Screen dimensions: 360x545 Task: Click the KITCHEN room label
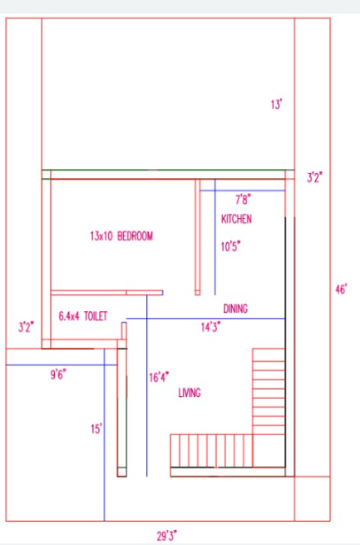coord(236,219)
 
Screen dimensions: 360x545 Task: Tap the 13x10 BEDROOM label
coord(121,236)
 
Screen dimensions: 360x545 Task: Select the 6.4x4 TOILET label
coord(83,316)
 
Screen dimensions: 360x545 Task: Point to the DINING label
coord(235,309)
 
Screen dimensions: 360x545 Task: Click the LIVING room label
coord(190,393)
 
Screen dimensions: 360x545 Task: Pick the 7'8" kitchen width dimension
coord(243,200)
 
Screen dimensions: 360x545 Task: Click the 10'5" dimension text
coord(231,247)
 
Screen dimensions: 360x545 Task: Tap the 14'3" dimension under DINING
coord(210,327)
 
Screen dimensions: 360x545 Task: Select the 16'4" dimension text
coord(159,377)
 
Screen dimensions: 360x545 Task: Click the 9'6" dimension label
coord(58,374)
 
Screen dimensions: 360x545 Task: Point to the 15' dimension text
coord(96,429)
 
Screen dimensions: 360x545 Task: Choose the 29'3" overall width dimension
coord(167,536)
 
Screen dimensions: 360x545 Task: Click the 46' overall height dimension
coord(341,290)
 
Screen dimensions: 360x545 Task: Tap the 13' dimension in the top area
coord(276,104)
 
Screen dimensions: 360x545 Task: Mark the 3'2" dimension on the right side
coord(314,177)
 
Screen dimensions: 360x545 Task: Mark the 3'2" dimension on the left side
coord(26,327)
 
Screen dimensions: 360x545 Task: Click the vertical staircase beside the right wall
coord(269,391)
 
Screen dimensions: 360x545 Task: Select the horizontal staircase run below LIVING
coord(211,451)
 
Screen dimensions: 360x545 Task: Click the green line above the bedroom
coord(168,170)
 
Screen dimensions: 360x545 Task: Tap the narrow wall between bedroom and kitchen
coord(198,237)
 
